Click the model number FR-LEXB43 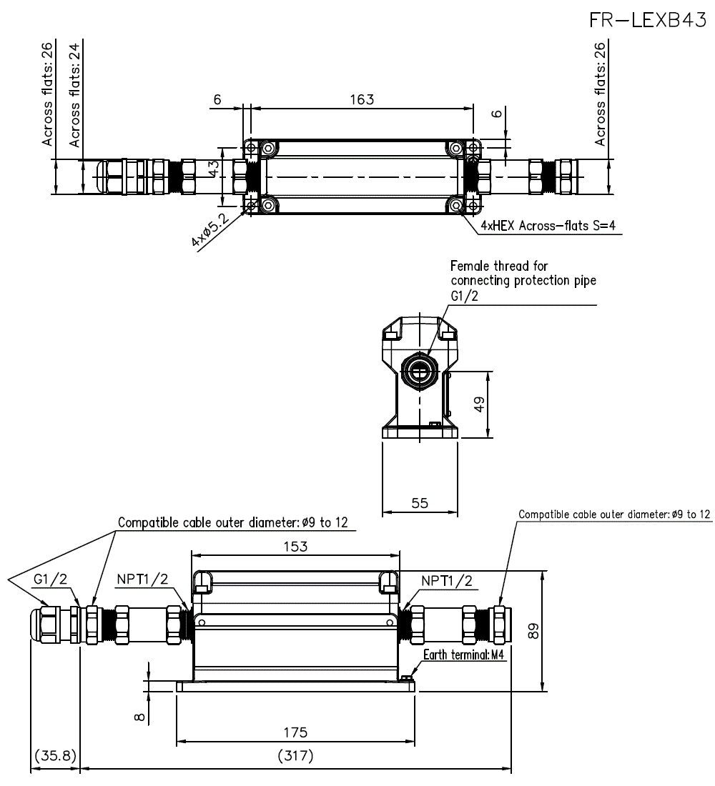click(x=647, y=21)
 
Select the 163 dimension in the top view click(x=362, y=99)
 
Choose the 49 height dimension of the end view click(x=480, y=403)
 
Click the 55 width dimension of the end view click(x=420, y=503)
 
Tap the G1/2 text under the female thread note click(x=463, y=296)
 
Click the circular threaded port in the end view click(x=417, y=369)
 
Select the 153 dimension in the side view click(x=295, y=547)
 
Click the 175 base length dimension click(x=295, y=732)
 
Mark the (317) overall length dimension click(x=295, y=756)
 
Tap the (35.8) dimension click(x=55, y=756)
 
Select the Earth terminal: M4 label click(x=465, y=655)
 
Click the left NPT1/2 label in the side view click(x=143, y=579)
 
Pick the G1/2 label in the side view click(x=51, y=579)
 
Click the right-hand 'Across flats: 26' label click(x=601, y=94)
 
